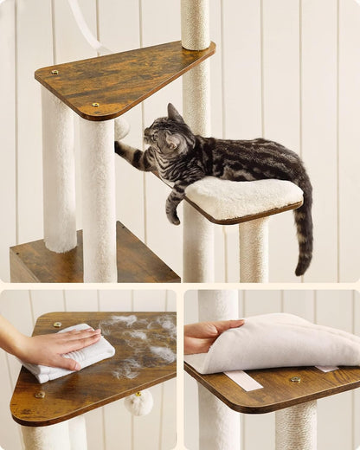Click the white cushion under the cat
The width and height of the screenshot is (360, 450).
(244, 196)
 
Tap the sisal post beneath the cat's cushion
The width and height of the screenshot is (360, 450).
(254, 251)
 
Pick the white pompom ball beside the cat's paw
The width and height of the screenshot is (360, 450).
(122, 128)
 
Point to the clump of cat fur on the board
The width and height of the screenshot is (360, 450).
(138, 342)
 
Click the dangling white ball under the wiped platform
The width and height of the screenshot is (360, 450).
(138, 402)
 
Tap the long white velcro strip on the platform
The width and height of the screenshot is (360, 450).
(243, 380)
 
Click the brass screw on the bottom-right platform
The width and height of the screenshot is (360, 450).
(295, 379)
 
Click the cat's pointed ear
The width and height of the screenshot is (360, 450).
(173, 112)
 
